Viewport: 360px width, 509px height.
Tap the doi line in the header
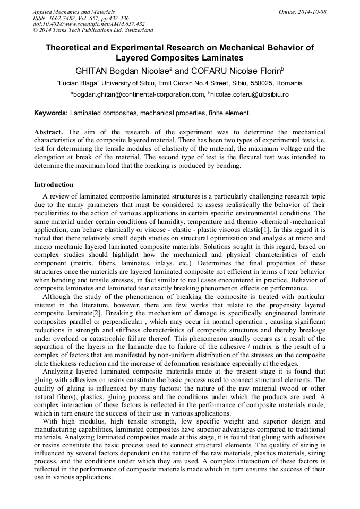(89, 24)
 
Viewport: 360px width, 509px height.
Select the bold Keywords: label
(51, 113)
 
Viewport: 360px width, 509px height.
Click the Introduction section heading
(54, 185)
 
